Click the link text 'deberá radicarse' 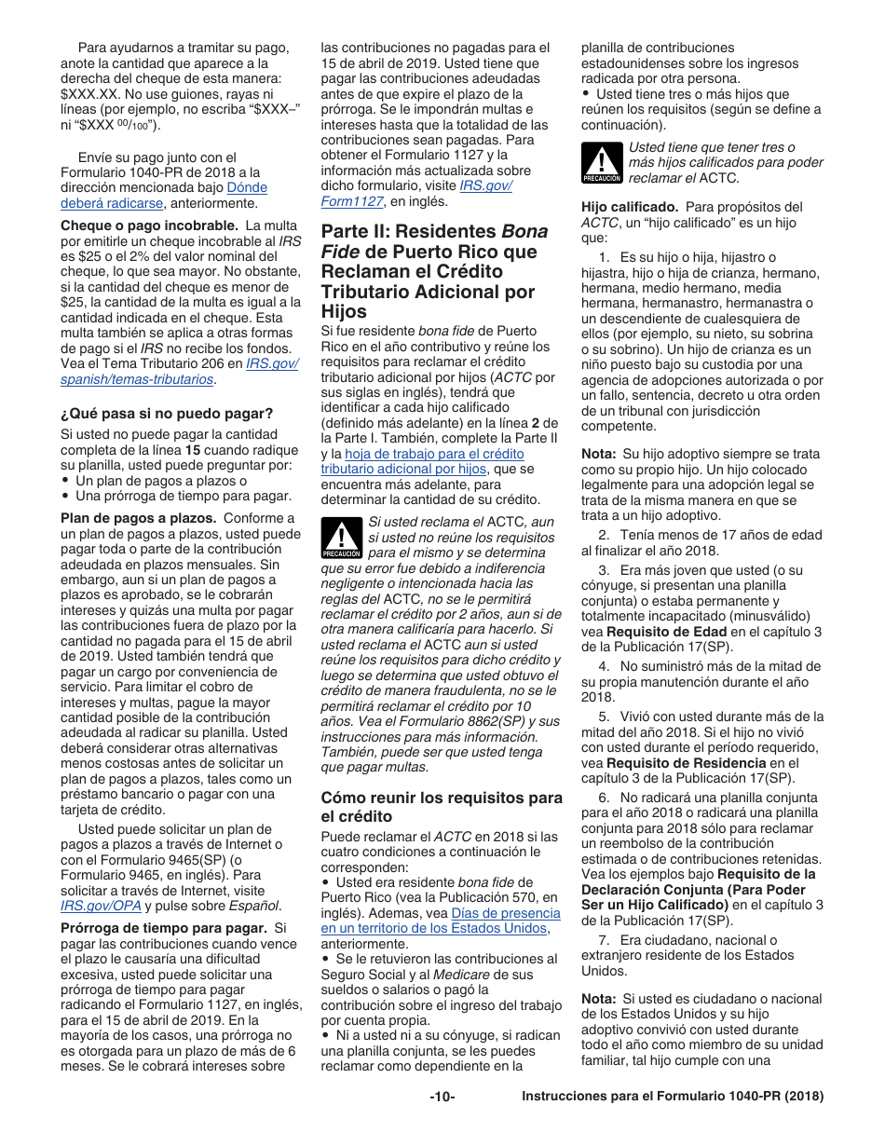pos(112,203)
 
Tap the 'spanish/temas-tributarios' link pos(138,379)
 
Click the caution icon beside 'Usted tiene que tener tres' pos(602,162)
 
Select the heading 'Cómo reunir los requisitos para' pos(442,798)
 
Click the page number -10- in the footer pos(442,1097)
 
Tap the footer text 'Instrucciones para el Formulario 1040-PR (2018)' pos(673,1097)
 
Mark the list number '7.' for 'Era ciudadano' pos(604,940)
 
